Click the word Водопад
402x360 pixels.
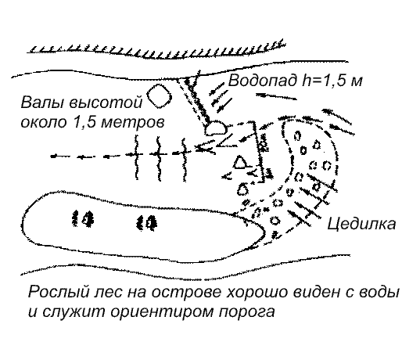click(x=263, y=81)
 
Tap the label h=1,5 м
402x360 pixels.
click(x=332, y=80)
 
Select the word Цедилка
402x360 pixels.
click(x=361, y=224)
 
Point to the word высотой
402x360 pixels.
click(x=106, y=103)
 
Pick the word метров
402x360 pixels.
click(x=132, y=122)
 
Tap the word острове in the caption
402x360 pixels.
click(x=186, y=293)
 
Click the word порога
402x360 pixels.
click(x=246, y=312)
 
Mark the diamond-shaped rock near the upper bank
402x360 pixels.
click(x=160, y=96)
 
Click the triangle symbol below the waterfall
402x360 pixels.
click(x=242, y=162)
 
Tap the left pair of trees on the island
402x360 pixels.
click(x=83, y=218)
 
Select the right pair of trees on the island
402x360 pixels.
click(x=146, y=222)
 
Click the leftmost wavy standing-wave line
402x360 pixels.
click(x=136, y=157)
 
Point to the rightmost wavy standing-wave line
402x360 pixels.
click(x=185, y=159)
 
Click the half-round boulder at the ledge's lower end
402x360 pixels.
click(x=216, y=128)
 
